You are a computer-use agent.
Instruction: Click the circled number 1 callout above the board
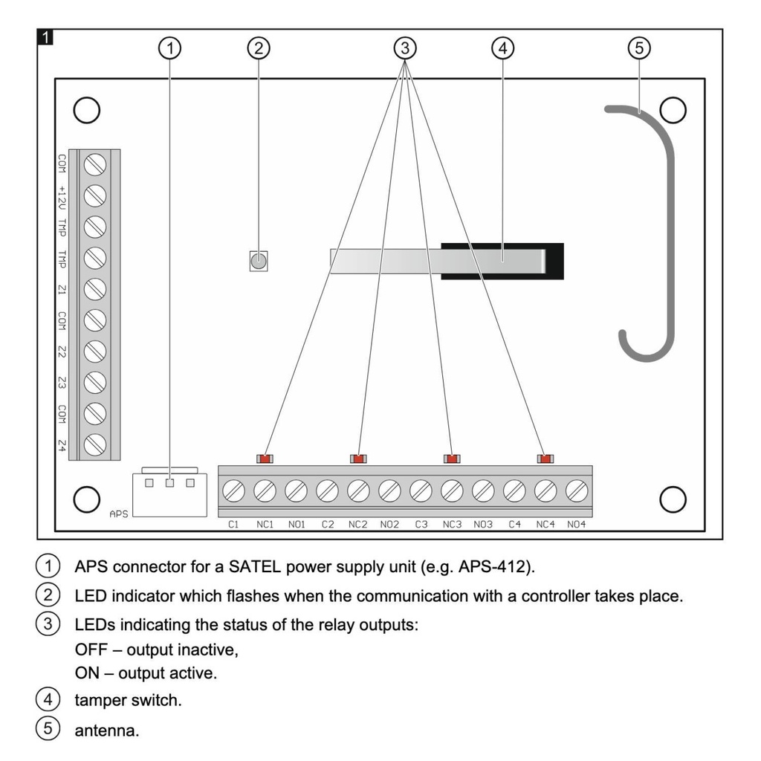coord(171,48)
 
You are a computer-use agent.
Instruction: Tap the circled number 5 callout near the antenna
coord(638,48)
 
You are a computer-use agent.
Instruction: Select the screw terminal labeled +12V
coord(94,195)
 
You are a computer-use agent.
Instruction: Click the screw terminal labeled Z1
coord(94,288)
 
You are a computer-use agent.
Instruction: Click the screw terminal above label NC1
coord(265,490)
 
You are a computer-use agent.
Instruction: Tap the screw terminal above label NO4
coord(577,490)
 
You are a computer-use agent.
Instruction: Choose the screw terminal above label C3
coord(421,490)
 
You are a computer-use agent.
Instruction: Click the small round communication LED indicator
coord(258,261)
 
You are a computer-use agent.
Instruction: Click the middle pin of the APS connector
coord(170,484)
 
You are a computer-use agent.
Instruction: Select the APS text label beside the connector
coord(118,513)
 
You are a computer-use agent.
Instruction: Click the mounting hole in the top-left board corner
coord(86,109)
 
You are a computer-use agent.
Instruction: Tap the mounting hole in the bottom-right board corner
coord(673,499)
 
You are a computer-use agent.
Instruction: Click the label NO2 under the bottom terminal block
coord(389,524)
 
